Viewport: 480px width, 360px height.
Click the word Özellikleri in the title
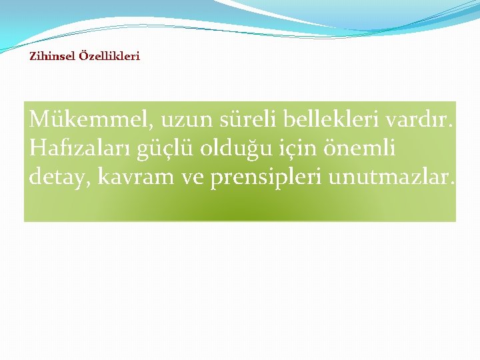tap(109, 57)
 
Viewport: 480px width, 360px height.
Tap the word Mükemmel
tap(92, 121)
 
